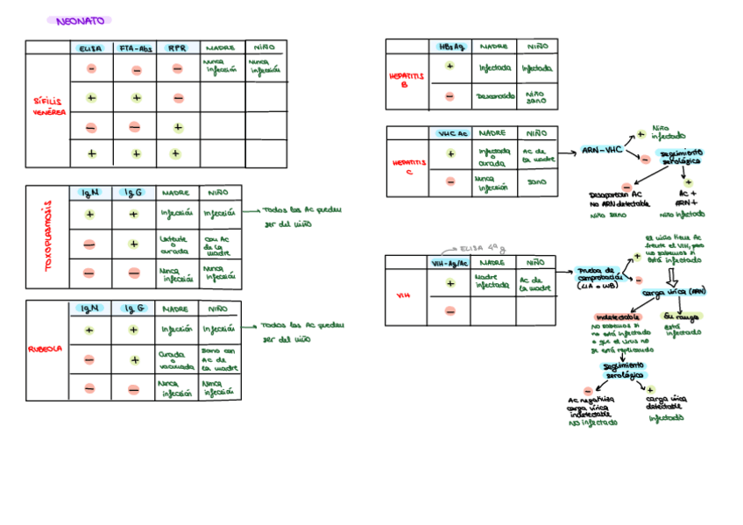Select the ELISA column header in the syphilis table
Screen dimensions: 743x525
click(90, 48)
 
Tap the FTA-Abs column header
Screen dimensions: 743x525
click(136, 48)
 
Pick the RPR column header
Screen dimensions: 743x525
click(177, 48)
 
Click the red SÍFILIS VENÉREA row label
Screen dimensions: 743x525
click(49, 107)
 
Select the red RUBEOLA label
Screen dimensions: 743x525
click(47, 348)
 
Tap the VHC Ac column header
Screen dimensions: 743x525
click(452, 133)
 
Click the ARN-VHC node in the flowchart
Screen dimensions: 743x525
click(602, 151)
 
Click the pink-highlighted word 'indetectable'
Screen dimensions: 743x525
click(618, 316)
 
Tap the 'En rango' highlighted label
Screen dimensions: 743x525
click(683, 316)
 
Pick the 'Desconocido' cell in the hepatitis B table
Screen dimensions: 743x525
click(495, 96)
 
